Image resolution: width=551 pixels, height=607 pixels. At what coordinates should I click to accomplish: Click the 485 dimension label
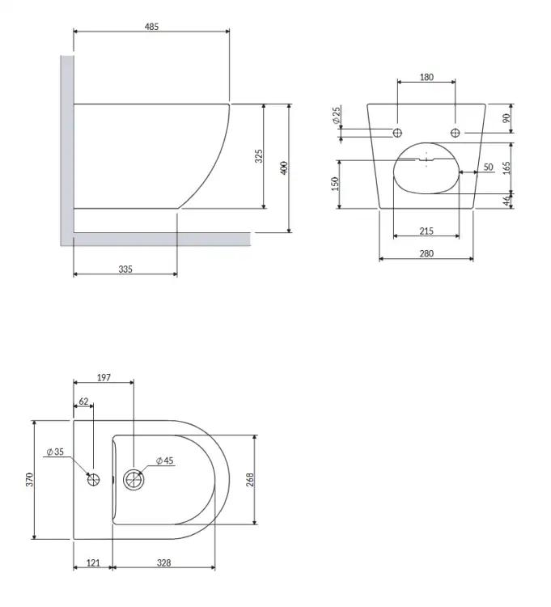pyautogui.click(x=151, y=27)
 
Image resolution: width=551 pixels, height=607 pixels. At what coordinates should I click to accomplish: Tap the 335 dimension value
pyautogui.click(x=125, y=269)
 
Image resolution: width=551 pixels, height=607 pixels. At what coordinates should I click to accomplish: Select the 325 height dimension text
pyautogui.click(x=258, y=156)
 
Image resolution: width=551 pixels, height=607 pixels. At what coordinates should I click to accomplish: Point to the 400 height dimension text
pyautogui.click(x=284, y=168)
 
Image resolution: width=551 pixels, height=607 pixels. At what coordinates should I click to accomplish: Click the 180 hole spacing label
pyautogui.click(x=426, y=77)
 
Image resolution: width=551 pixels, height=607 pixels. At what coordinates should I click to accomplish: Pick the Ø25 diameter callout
pyautogui.click(x=337, y=116)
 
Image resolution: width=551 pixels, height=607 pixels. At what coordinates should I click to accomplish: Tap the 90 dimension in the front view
pyautogui.click(x=506, y=118)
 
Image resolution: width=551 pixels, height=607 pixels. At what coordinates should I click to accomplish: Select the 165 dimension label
pyautogui.click(x=506, y=168)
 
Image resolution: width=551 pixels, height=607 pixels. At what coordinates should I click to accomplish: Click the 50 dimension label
pyautogui.click(x=489, y=167)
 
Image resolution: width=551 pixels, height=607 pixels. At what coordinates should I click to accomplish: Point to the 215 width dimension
pyautogui.click(x=426, y=231)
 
